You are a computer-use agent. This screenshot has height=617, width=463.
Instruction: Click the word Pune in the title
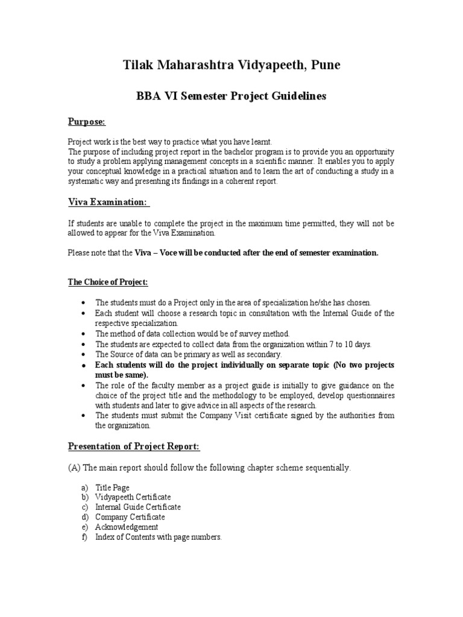coord(326,65)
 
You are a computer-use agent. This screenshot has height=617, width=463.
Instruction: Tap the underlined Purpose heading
coord(86,122)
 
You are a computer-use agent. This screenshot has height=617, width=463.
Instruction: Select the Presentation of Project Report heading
coord(134,446)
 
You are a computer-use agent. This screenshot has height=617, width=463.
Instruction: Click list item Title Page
coord(112,487)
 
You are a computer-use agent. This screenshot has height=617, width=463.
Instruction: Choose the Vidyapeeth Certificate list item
coord(133,497)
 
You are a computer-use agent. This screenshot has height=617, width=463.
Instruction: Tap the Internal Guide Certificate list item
coord(137,507)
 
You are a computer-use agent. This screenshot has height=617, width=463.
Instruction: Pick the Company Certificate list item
coord(130,517)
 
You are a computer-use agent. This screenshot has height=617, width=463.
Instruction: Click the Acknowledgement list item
coord(127,527)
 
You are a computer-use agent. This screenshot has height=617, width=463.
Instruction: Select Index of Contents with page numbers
coord(159,537)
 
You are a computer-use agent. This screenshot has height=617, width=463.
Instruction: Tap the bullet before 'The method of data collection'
coord(83,333)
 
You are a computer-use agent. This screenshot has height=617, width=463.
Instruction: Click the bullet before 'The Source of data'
coord(83,354)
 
